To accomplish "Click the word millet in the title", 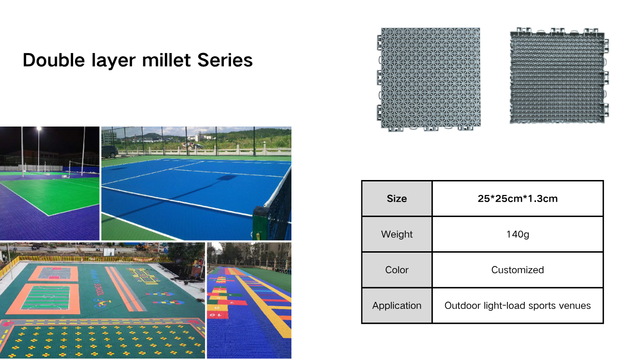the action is click(x=166, y=60).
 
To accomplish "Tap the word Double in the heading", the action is click(x=54, y=60).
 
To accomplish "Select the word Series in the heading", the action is click(x=225, y=60).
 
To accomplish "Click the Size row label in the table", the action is click(x=396, y=198).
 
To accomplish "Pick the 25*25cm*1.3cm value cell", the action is click(x=517, y=198).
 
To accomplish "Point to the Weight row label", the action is click(x=396, y=234).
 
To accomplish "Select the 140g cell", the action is click(x=517, y=234).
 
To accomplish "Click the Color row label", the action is click(x=396, y=270).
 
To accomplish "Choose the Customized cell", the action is click(x=517, y=270).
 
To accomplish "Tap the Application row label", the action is click(x=396, y=305).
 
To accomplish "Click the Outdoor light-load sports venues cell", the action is click(x=517, y=305).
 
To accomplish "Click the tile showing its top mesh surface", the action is click(x=429, y=79).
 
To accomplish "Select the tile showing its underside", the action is click(x=559, y=76).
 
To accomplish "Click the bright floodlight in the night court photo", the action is click(x=39, y=129).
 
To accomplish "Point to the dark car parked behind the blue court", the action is click(x=110, y=151).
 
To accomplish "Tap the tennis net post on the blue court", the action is click(x=260, y=223).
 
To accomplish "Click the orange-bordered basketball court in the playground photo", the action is click(x=54, y=273).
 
